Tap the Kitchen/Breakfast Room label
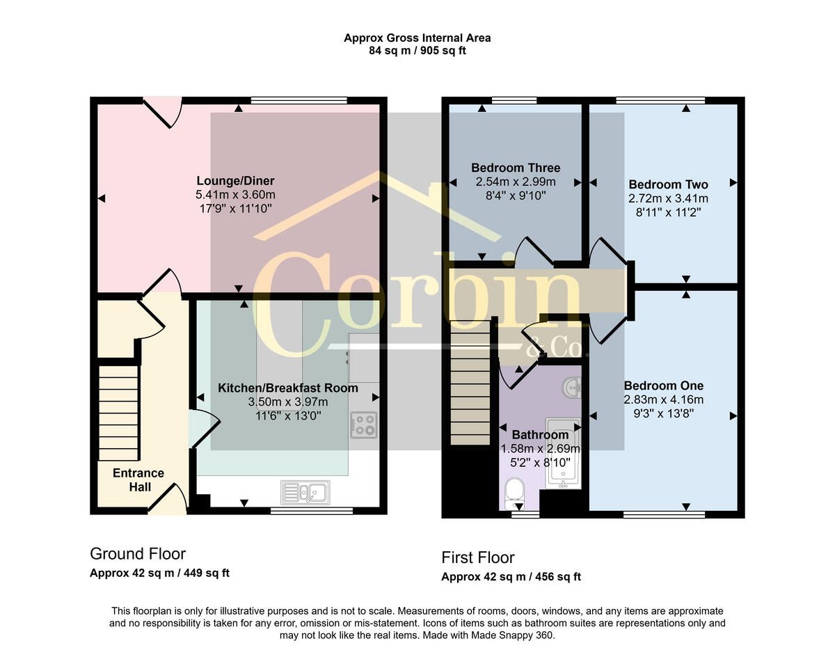coord(288,388)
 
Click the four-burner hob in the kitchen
coord(363,425)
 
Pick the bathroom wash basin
coord(571,387)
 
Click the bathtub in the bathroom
coord(563,452)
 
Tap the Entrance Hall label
coord(139,480)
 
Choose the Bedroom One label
coord(663,386)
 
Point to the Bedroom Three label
coord(515,168)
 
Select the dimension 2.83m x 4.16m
coord(663,399)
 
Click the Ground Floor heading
coord(138,554)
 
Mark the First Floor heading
coord(478,557)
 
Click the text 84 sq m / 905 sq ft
coord(417,51)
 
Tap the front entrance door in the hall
coord(173,498)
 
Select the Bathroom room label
coord(540,435)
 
